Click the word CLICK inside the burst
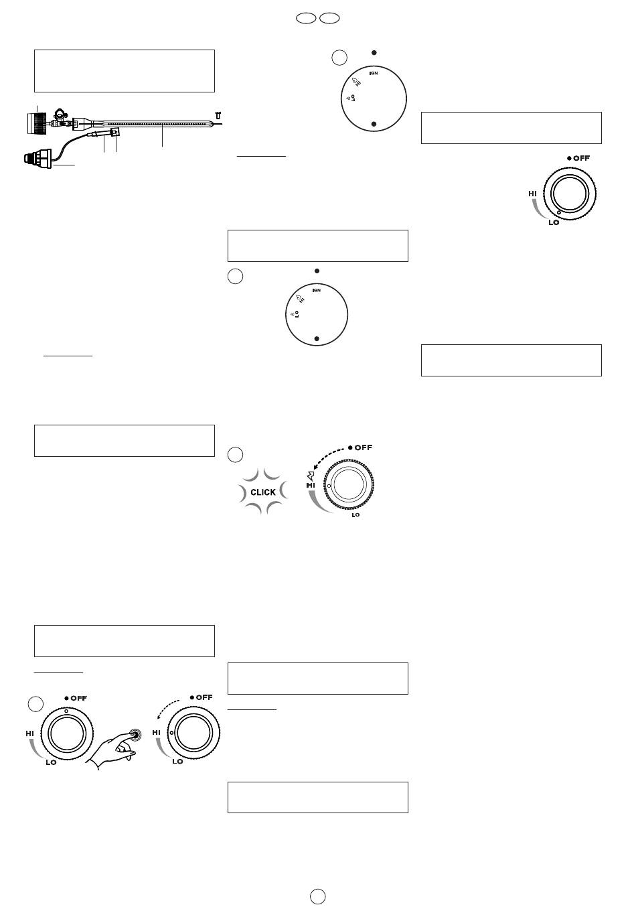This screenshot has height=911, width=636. click(263, 492)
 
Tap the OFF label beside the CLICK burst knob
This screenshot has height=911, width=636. click(364, 447)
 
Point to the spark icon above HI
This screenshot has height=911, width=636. click(311, 476)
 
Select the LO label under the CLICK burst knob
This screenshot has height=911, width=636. click(355, 515)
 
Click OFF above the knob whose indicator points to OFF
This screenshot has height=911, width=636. click(79, 698)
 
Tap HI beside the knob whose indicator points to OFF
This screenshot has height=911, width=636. click(29, 733)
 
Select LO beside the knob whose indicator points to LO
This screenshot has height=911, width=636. click(554, 222)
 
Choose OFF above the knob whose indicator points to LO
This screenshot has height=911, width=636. click(581, 158)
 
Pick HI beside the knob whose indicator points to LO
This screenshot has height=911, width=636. click(532, 194)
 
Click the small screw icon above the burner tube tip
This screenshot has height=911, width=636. click(218, 115)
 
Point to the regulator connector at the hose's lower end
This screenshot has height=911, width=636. click(38, 157)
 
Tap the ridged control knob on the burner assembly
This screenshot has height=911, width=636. click(36, 124)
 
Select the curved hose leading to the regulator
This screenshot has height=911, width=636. click(70, 145)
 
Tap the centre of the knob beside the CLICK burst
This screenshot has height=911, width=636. click(349, 484)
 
